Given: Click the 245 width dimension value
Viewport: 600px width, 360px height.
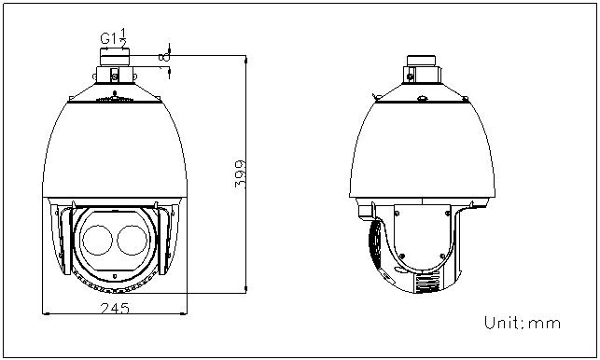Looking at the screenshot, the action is coord(115,308).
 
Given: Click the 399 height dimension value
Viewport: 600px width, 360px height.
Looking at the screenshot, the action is coord(240,174).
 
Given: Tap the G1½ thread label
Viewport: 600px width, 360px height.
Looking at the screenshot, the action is coord(114,37).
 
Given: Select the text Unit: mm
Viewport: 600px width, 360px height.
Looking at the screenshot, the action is coord(523,323).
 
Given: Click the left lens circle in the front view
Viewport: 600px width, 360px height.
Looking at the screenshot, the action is coord(97,240).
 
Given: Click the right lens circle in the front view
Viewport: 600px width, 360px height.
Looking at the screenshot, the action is coord(132,240).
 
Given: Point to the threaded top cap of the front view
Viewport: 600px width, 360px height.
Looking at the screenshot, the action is coord(115,57).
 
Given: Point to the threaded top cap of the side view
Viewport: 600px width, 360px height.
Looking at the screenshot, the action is coord(421,61).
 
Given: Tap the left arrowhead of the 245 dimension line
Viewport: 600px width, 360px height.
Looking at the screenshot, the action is coord(46,313).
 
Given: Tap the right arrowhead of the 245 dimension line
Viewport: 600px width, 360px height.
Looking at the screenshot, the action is coord(184,313).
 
